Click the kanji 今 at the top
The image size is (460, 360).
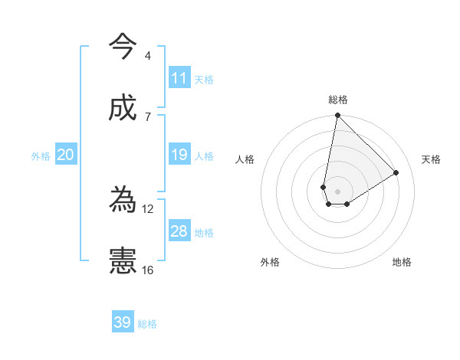123,46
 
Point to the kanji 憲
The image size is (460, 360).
123,261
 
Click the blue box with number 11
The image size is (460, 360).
179,78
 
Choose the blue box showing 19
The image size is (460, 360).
179,155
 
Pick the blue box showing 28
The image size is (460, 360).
179,231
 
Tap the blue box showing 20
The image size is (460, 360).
66,155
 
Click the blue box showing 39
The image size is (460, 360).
123,322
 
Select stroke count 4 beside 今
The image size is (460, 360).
147,56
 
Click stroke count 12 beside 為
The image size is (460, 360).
148,208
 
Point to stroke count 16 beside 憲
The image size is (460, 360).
148,270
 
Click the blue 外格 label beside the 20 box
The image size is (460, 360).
41,155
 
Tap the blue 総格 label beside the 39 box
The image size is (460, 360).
147,323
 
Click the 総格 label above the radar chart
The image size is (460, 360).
338,100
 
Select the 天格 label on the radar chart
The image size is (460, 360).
431,159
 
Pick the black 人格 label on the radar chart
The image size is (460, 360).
245,159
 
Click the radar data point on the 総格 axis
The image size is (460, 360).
337,116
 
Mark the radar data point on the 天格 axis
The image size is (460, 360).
396,172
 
